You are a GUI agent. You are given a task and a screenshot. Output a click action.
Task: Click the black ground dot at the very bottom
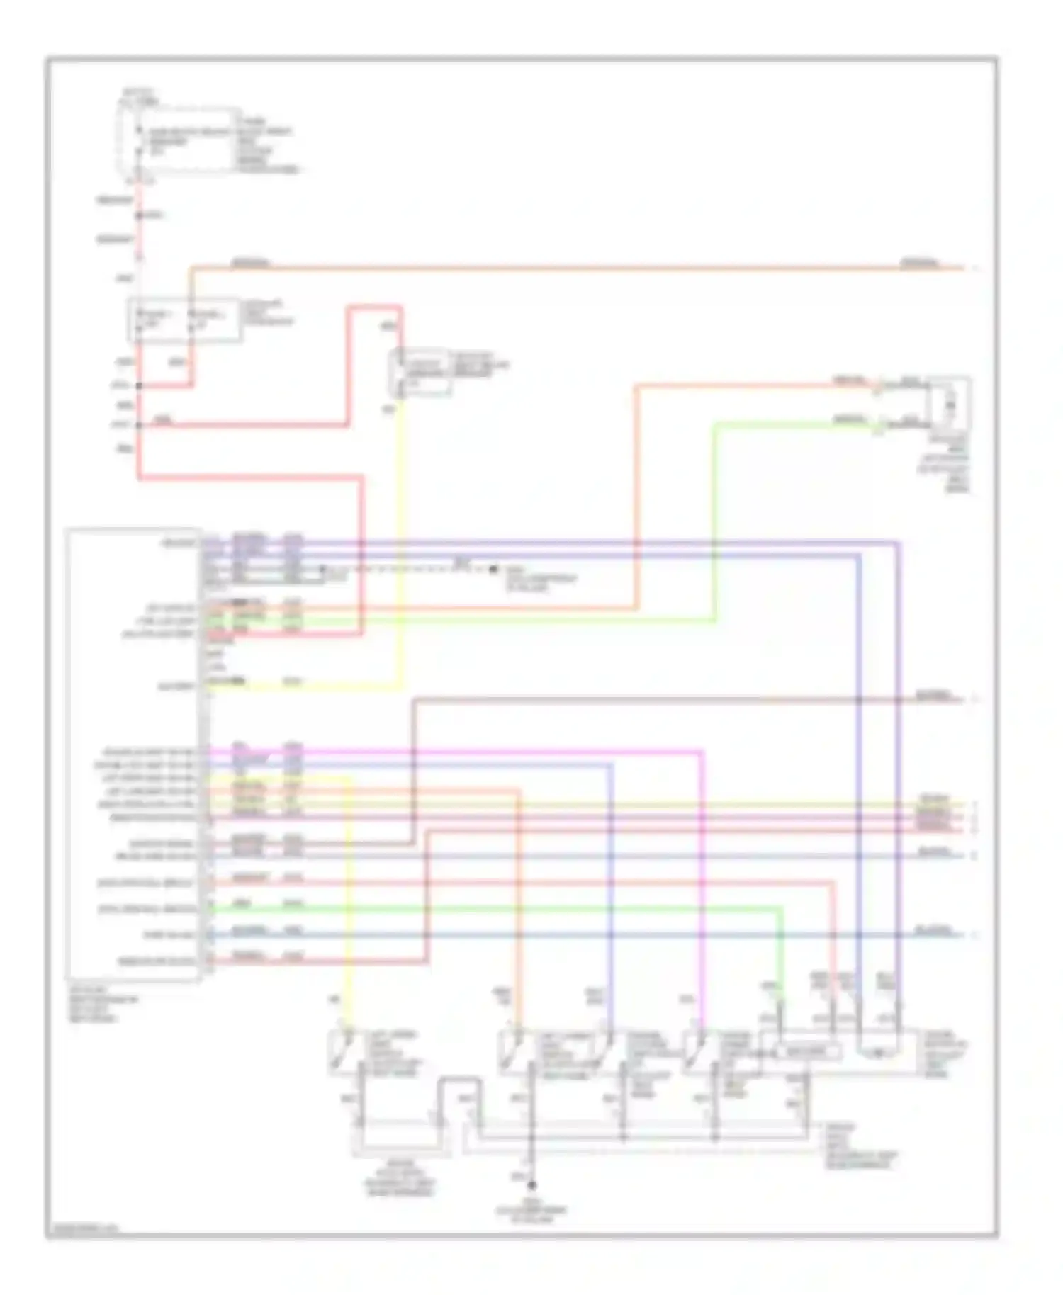531,1185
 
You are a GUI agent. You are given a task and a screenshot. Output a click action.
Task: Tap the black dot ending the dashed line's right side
493,569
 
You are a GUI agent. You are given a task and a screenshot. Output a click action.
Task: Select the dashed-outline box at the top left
179,140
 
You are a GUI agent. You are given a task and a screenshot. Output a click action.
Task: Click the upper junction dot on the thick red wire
139,386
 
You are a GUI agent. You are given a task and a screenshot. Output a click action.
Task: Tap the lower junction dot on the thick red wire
139,425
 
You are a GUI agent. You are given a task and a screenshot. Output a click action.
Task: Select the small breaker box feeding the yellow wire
421,372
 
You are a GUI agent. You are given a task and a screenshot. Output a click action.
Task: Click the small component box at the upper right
950,404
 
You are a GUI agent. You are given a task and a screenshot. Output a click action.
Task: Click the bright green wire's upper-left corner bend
714,425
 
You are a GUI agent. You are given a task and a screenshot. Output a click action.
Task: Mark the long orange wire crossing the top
567,268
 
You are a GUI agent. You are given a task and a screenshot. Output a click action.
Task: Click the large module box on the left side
133,754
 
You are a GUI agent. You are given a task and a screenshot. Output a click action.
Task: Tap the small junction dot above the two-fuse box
140,215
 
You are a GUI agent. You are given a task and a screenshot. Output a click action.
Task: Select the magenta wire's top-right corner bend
702,751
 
